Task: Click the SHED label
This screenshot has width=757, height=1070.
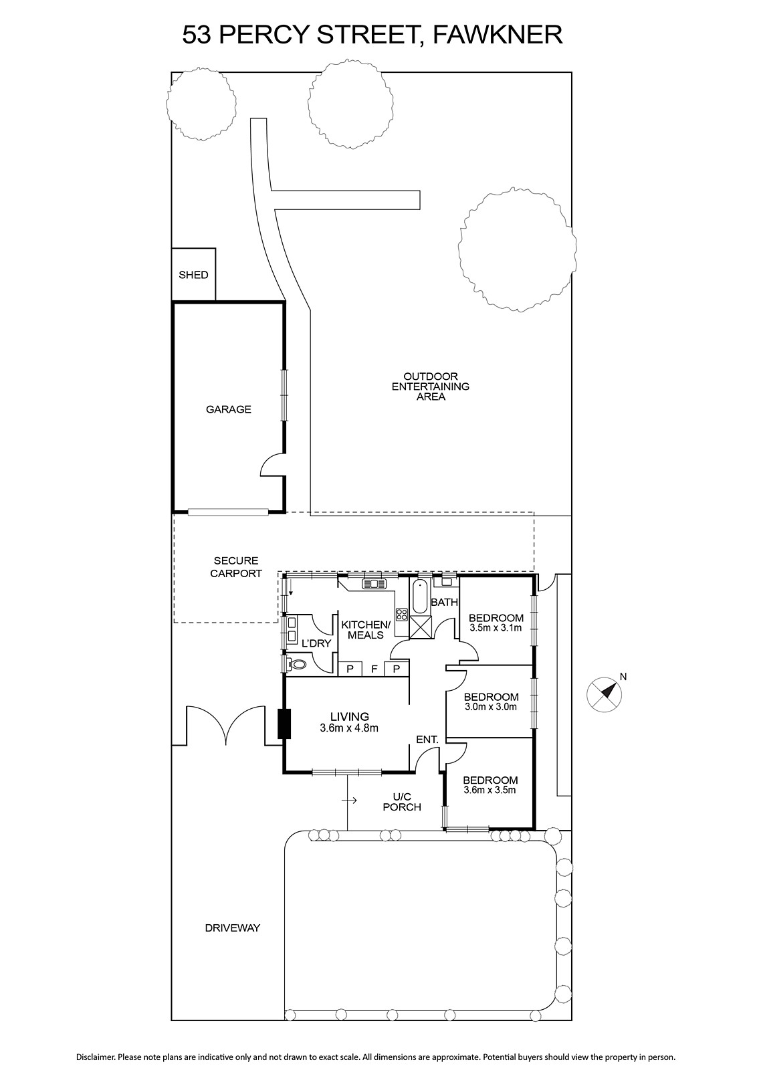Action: point(193,275)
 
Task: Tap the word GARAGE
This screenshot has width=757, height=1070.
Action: point(228,409)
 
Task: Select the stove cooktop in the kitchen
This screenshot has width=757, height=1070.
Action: point(402,615)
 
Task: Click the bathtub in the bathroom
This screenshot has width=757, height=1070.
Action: point(420,597)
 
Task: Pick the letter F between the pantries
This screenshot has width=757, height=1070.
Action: point(374,669)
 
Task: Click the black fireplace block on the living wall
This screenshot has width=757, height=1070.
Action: point(284,724)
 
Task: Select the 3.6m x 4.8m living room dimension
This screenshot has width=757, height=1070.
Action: point(349,728)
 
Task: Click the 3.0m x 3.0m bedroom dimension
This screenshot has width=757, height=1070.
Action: point(490,707)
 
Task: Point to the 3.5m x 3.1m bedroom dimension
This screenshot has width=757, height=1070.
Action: point(496,628)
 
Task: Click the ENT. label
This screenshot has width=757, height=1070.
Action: point(427,740)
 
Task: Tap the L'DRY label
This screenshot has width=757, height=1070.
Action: point(316,643)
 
